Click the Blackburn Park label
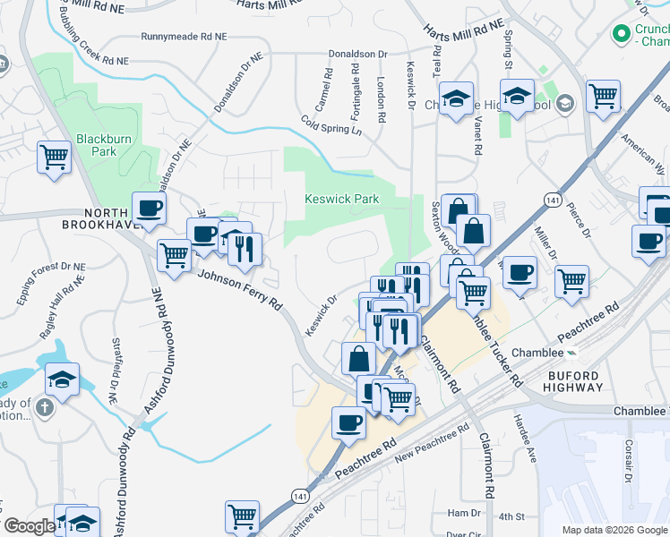coord(96,145)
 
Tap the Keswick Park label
coord(341,199)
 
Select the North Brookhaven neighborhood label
coord(114,218)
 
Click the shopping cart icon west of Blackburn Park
coord(55,158)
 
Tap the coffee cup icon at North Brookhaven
coord(149,209)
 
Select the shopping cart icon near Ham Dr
coord(242,517)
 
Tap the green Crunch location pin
coord(619,35)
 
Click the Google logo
coord(29,526)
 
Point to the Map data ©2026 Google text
coord(614,530)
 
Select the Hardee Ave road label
coord(525,436)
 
